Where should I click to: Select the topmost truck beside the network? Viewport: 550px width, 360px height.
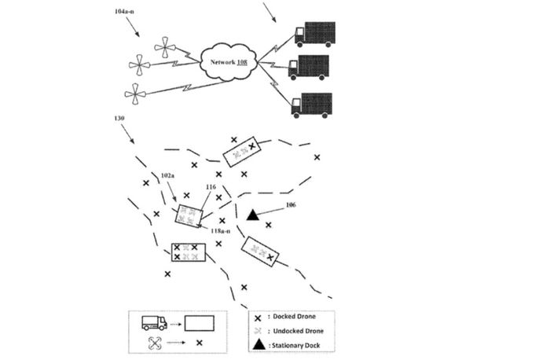313,34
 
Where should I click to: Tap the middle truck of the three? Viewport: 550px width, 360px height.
308,67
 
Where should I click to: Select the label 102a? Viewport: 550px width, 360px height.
168,175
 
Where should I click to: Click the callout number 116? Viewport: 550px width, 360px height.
210,187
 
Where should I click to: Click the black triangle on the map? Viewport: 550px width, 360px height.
253,215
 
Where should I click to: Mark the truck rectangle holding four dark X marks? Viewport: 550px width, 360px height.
189,252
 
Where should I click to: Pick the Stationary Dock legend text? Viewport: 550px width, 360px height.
298,345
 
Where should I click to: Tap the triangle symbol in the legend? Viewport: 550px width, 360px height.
258,344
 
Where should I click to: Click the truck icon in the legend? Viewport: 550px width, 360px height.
153,322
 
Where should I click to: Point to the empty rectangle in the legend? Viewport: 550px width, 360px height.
201,322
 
